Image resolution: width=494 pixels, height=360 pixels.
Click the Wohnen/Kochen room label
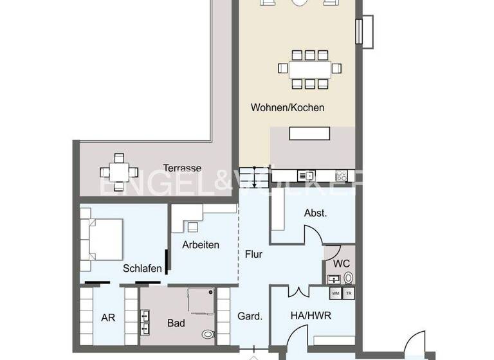(x=287, y=108)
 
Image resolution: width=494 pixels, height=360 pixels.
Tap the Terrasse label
(x=182, y=168)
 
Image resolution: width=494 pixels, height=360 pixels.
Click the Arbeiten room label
(x=200, y=245)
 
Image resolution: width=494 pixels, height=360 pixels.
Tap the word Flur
(x=254, y=254)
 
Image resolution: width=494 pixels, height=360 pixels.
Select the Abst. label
(x=316, y=213)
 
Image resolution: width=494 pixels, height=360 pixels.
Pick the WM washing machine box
(x=335, y=293)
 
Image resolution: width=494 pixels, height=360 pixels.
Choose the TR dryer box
(x=348, y=293)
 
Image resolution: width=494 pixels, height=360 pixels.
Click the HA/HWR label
(x=311, y=316)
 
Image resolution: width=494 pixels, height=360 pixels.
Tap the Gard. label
(x=250, y=316)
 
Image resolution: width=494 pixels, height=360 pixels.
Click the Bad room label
(x=176, y=323)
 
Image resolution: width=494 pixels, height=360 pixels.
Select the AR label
(x=108, y=317)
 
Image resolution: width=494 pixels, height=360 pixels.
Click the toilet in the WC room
(x=348, y=278)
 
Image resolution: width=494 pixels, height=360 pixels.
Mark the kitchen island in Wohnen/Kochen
(x=309, y=134)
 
